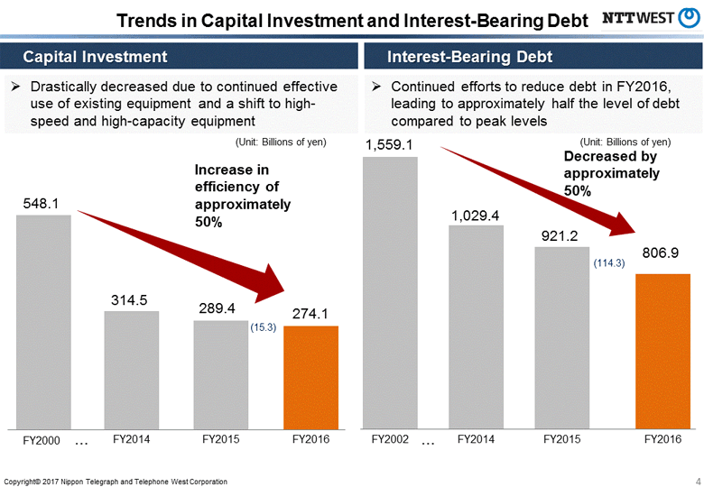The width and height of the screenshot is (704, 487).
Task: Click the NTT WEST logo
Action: pos(649,18)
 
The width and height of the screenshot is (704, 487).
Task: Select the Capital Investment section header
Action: pos(95,57)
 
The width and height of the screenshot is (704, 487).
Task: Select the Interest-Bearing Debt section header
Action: pos(469,57)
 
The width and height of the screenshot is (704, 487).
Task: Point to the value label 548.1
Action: pos(42,205)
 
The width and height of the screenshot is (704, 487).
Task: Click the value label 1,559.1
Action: pos(389,144)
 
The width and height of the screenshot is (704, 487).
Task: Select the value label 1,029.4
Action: pos(476,215)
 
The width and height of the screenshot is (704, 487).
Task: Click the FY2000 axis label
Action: pos(41,440)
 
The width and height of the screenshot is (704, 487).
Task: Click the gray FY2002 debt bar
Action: pos(389,292)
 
